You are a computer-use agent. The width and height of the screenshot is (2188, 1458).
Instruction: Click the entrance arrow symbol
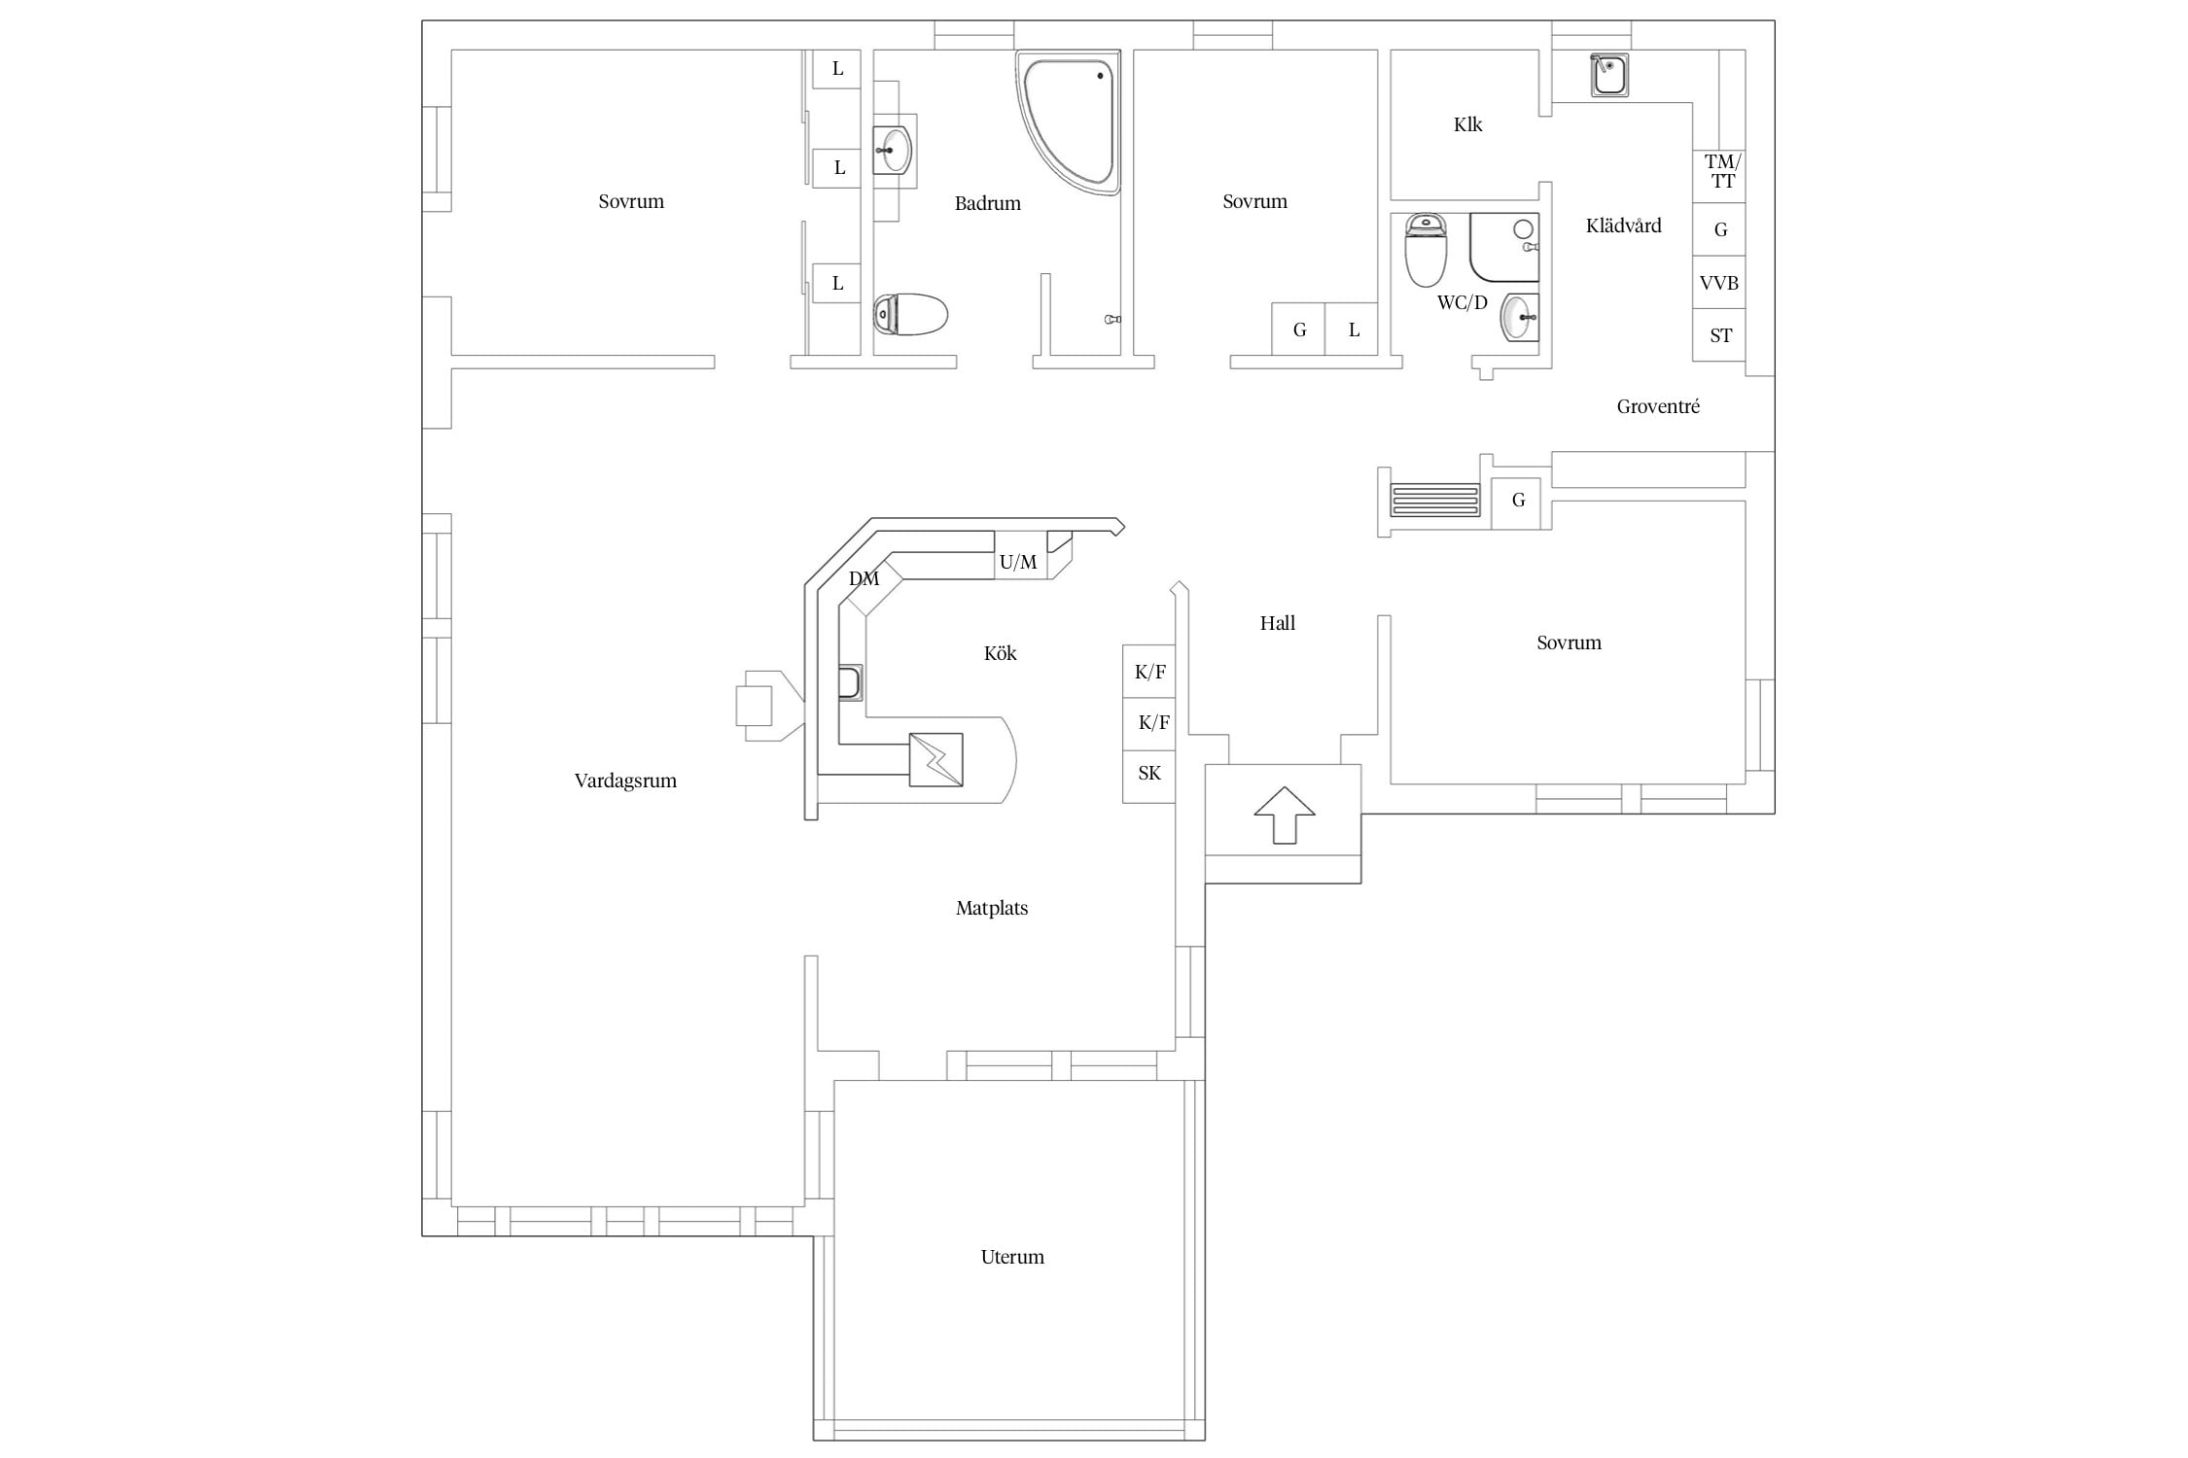click(x=1284, y=815)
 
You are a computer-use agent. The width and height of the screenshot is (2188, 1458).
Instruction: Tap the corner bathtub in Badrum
click(x=1069, y=121)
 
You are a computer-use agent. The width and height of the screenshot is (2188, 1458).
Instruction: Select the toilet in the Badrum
click(x=910, y=314)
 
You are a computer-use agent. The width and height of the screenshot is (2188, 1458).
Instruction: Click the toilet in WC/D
click(x=1426, y=250)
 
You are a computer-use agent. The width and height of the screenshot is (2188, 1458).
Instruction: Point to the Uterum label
click(x=1012, y=1257)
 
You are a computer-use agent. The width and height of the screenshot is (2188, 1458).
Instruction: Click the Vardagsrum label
click(x=625, y=781)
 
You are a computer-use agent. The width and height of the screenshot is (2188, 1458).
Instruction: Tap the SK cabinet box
click(x=1149, y=776)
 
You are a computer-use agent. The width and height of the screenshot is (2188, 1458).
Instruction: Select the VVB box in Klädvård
click(x=1719, y=283)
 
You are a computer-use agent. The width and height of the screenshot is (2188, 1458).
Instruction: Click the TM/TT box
click(x=1719, y=176)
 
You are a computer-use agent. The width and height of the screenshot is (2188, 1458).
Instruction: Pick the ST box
click(x=1719, y=335)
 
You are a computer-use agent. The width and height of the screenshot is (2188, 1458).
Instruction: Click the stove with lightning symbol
click(x=935, y=759)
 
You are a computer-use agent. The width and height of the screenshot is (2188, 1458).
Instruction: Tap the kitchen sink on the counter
click(x=850, y=682)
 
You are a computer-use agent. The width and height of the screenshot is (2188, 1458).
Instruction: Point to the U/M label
click(x=1018, y=562)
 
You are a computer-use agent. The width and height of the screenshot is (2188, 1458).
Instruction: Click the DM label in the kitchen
click(x=864, y=579)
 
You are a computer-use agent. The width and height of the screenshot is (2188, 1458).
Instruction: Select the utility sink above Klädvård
click(x=1609, y=75)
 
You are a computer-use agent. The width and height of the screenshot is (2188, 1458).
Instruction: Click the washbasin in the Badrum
click(x=894, y=150)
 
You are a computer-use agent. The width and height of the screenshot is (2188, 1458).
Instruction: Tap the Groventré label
click(x=1658, y=406)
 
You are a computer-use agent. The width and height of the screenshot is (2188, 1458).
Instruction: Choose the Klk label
click(x=1467, y=124)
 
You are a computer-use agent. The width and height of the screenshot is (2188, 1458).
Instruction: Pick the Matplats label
click(x=992, y=908)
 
